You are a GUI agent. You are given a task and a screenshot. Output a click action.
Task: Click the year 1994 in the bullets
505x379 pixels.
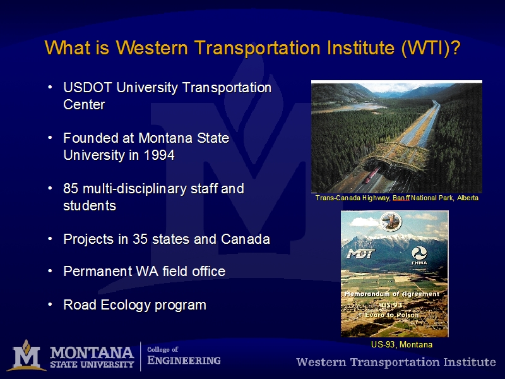(x=159, y=155)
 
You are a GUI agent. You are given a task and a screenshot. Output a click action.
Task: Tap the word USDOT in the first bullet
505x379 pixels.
(x=88, y=88)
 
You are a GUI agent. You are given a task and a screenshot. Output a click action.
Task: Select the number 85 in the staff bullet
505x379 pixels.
(x=71, y=189)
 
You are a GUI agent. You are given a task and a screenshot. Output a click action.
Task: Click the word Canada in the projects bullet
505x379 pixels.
(x=246, y=239)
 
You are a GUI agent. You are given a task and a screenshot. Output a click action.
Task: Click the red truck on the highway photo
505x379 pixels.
(x=371, y=176)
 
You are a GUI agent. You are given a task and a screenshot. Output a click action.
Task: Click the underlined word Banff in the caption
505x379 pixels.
(x=401, y=198)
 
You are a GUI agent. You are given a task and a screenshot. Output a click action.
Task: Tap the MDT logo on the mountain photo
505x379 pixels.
(x=360, y=254)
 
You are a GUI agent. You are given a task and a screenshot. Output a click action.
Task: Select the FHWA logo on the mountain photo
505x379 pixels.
(x=419, y=256)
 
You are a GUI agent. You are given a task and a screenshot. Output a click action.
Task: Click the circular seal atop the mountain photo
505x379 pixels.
(x=391, y=221)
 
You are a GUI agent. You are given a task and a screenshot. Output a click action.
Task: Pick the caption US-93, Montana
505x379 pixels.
(x=401, y=344)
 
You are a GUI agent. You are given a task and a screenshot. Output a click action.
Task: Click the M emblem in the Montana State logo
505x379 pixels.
(x=27, y=356)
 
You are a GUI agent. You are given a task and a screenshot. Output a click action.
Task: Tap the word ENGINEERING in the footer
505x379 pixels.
(x=184, y=360)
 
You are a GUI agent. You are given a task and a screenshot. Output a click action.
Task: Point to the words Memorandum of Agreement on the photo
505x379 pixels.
(x=392, y=294)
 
